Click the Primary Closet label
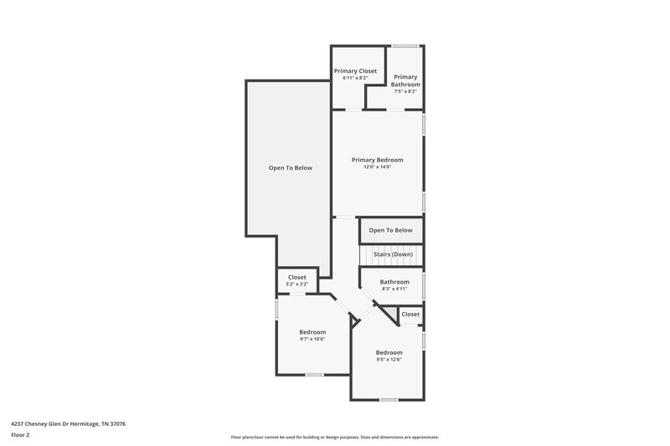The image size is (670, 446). pos(356,71)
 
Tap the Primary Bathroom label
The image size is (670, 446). pos(405,80)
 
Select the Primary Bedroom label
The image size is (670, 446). pos(377,160)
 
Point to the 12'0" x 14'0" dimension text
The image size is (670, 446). pos(377,167)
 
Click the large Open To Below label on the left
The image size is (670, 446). pos(290,167)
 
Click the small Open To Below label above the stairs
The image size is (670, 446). pos(390,230)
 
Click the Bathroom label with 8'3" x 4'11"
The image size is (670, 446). pos(394,282)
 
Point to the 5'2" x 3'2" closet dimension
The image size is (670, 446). pos(296,285)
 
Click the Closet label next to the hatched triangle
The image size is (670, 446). pos(410,314)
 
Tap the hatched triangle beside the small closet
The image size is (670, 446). pos(389,314)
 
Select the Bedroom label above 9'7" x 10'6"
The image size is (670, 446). pos(312,332)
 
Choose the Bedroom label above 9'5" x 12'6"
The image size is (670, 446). pos(389,352)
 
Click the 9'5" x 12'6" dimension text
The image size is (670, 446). pos(389,360)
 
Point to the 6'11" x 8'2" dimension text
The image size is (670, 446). pos(356,79)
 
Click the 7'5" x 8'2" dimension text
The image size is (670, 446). pos(405,92)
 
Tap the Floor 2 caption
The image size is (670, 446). pos(20,435)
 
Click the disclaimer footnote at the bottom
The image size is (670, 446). pos(334,437)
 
